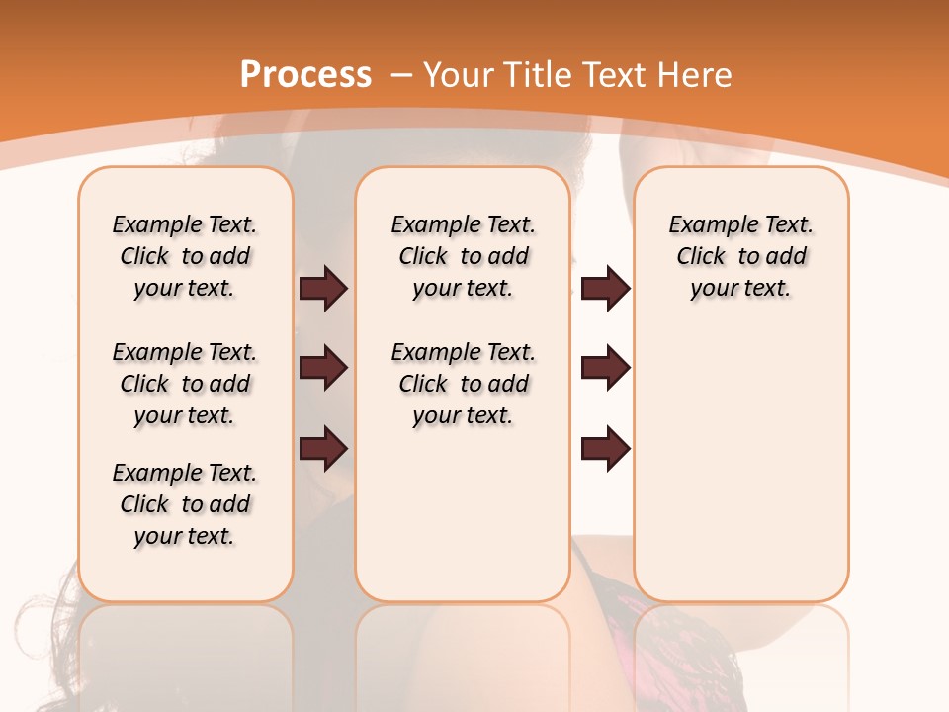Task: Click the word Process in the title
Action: [x=305, y=75]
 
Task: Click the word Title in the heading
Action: [x=540, y=75]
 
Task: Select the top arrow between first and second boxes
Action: [x=323, y=288]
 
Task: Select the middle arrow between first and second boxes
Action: [x=323, y=368]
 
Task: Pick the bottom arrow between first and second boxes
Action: [x=323, y=449]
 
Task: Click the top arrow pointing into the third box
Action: [x=605, y=288]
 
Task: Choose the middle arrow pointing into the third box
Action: [x=605, y=368]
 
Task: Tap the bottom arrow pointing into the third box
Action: [x=605, y=449]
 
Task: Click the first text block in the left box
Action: [x=185, y=256]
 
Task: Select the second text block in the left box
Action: [x=185, y=384]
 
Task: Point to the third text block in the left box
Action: [x=185, y=504]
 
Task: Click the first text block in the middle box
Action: [x=463, y=256]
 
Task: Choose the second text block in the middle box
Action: [x=463, y=384]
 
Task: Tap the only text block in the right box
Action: [x=741, y=256]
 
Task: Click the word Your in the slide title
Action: [x=461, y=75]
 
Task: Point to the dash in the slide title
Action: [x=401, y=76]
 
